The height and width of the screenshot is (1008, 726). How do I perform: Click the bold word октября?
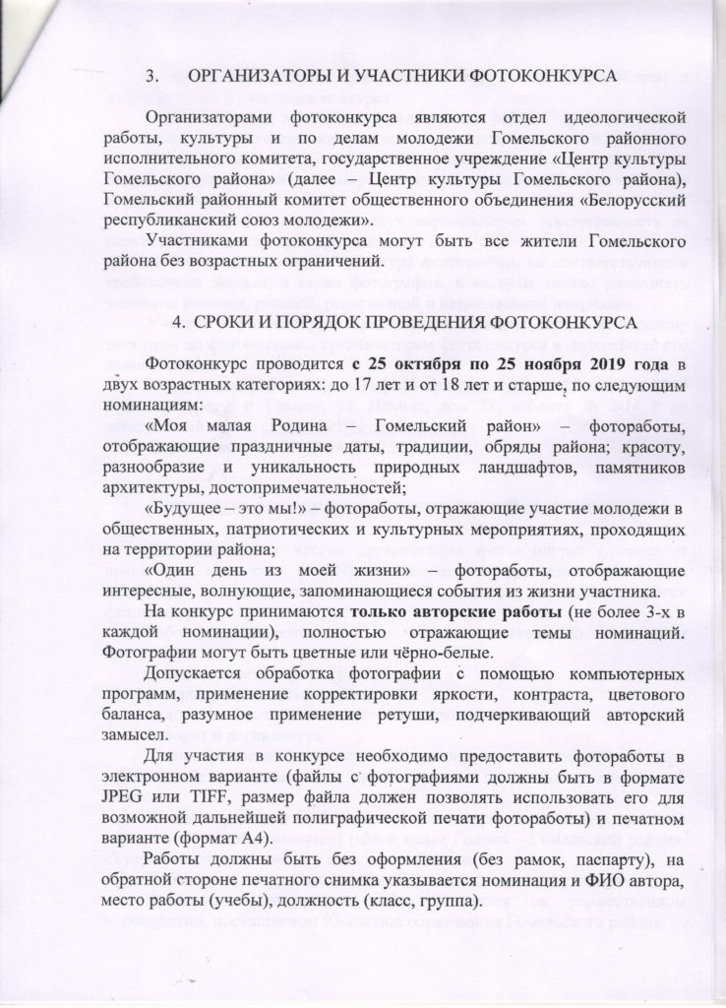381,366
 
